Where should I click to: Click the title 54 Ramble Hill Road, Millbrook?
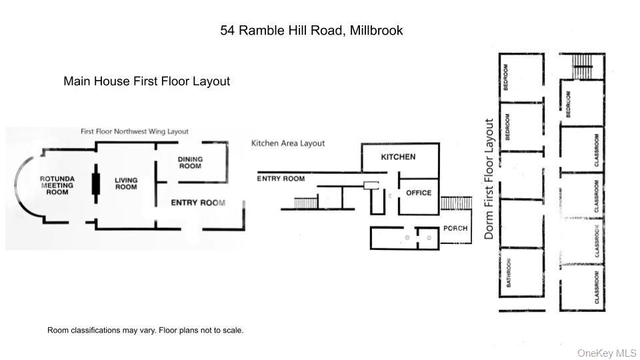311,31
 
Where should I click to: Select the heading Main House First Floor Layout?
147,81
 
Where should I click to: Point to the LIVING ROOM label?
125,183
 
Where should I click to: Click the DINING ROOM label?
190,162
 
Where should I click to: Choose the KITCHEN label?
398,157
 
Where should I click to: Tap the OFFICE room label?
419,193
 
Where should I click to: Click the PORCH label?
455,228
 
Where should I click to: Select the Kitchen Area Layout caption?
288,143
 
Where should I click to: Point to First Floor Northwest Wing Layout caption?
134,132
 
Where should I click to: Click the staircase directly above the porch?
456,203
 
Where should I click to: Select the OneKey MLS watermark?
607,353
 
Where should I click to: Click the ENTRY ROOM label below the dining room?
198,203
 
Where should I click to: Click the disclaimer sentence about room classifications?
145,330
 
